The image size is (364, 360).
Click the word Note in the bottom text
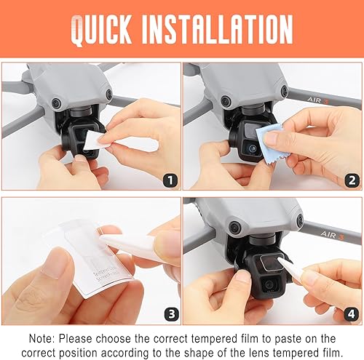[44, 338]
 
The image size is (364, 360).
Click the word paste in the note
[289, 338]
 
